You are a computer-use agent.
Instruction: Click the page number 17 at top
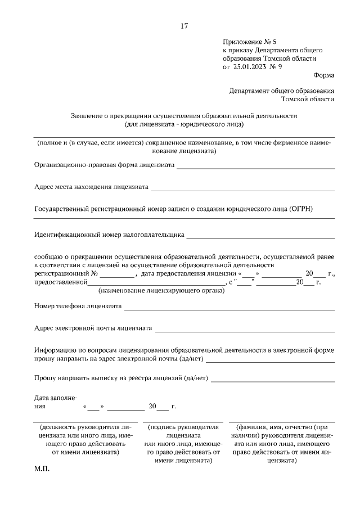click(184, 26)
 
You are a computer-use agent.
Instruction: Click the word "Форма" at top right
click(324, 75)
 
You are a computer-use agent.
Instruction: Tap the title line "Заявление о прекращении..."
click(184, 115)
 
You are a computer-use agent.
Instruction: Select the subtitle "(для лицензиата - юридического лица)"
click(184, 124)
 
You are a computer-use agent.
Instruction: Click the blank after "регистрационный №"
click(118, 275)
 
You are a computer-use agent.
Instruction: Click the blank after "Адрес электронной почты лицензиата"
click(245, 329)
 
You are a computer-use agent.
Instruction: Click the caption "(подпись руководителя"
click(183, 427)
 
